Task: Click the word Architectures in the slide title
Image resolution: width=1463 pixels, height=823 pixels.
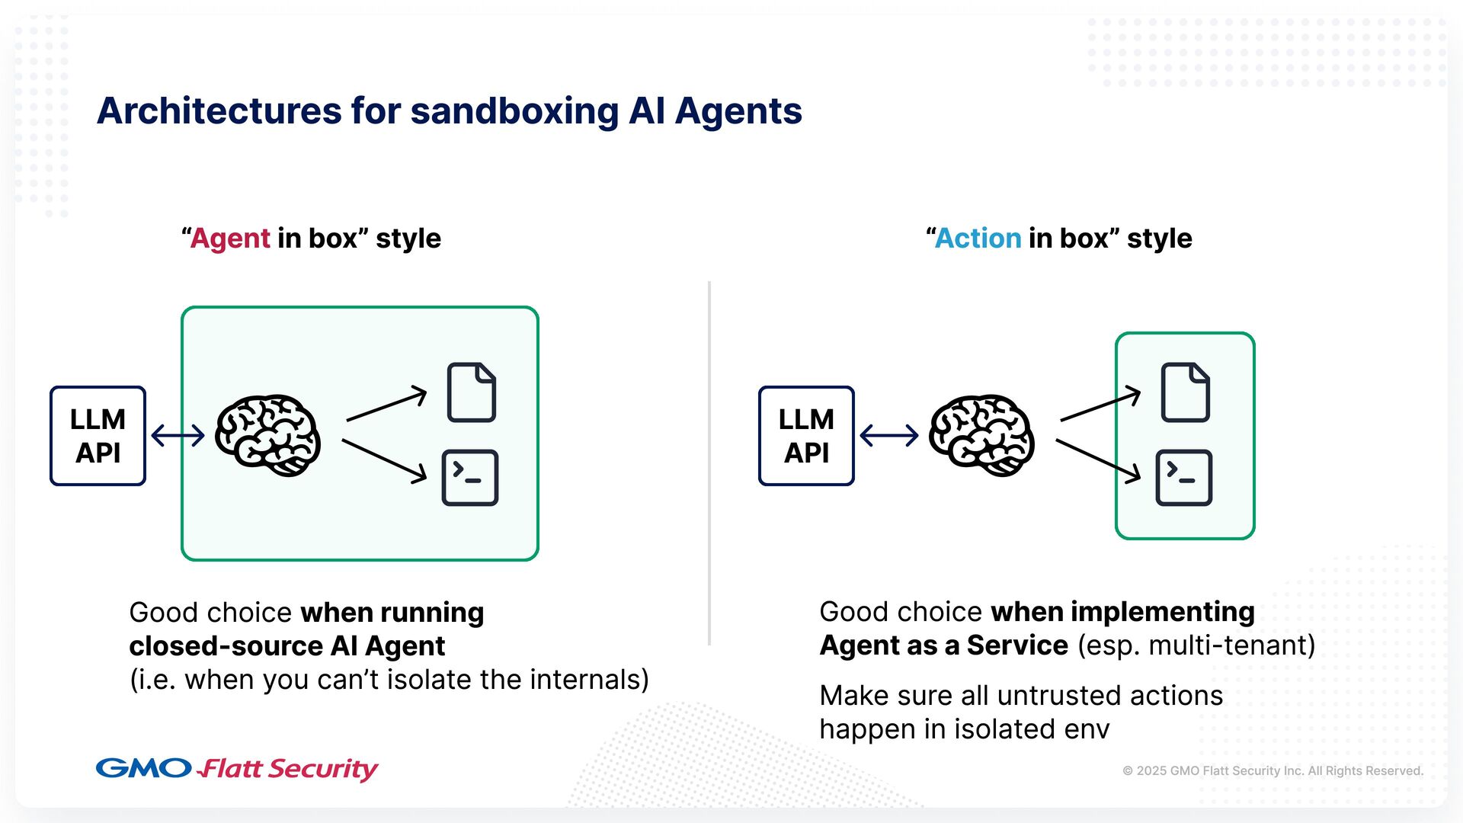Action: (218, 111)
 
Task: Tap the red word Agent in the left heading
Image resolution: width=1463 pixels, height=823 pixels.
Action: (230, 239)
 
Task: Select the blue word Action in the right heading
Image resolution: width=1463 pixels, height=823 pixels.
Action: (978, 239)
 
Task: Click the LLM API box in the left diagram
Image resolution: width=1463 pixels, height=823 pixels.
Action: (98, 436)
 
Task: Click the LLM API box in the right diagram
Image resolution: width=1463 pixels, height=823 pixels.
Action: (806, 436)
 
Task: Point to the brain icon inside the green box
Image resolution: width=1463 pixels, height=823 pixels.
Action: (267, 435)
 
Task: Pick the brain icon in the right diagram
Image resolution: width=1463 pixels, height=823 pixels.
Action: (981, 435)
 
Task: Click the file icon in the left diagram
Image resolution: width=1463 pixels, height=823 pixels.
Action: (472, 392)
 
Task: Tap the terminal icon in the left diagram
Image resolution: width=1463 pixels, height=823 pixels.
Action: (470, 478)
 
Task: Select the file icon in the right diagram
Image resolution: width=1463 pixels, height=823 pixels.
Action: (1185, 392)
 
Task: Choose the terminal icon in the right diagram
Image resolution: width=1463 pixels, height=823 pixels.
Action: (1183, 478)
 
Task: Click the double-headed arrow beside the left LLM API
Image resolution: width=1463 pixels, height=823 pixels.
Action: (178, 436)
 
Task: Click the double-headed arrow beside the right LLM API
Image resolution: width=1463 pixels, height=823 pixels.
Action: (888, 436)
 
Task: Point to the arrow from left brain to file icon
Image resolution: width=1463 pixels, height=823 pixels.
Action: (386, 404)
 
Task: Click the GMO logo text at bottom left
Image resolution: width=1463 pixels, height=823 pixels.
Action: (143, 767)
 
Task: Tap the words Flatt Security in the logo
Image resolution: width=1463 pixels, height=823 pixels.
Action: (288, 769)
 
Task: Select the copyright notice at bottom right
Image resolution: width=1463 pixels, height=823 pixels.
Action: (1273, 770)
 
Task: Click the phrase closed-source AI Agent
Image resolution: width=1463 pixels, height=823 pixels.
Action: (287, 646)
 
